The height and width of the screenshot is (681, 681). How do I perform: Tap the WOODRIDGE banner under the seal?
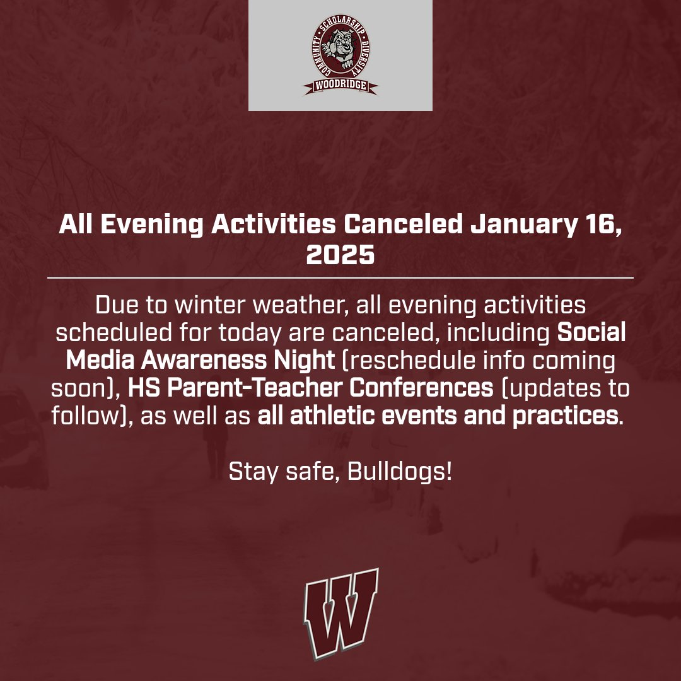[x=340, y=86]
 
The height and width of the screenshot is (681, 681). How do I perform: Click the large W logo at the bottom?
[x=341, y=612]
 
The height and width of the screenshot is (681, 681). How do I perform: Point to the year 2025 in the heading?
[x=340, y=255]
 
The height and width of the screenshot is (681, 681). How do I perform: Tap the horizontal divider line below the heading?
[x=340, y=277]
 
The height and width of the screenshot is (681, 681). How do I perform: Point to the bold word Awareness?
[x=237, y=361]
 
